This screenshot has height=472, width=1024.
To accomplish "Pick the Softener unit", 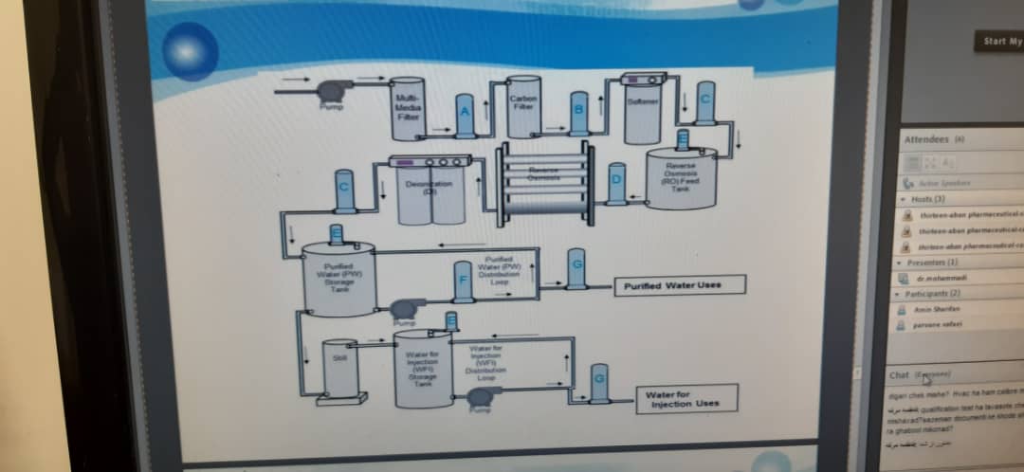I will click(644, 102).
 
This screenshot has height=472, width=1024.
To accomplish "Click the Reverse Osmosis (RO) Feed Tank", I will click(683, 178).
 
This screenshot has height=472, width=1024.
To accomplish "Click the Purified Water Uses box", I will click(680, 285).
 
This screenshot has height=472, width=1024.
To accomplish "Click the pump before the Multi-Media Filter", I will click(331, 90).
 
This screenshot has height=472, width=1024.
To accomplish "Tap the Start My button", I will click(1000, 41).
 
